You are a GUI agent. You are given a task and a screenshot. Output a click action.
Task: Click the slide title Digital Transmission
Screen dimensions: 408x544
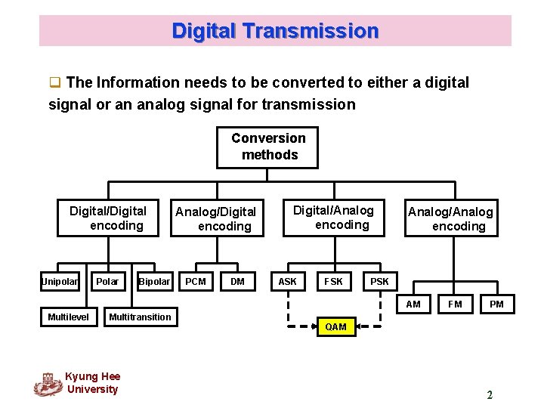275,31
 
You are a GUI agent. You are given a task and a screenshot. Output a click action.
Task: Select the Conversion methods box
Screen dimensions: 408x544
269,147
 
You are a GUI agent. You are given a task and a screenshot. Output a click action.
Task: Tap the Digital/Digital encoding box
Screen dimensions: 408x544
108,218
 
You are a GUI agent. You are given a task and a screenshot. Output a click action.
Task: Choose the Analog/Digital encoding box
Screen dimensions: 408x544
216,218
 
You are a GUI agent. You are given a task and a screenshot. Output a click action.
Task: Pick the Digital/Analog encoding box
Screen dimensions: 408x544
333,217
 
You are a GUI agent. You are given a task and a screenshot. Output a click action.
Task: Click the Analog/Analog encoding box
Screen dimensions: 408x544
451,218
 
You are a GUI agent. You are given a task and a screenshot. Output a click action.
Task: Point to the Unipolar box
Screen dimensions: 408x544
60,282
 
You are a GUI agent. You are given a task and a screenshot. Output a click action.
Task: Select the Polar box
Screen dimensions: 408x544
107,282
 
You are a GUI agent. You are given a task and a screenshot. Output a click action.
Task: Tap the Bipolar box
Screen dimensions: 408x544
154,282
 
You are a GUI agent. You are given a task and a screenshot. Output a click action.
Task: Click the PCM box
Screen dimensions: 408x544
196,282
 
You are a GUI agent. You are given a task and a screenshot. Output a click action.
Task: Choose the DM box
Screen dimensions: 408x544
237,282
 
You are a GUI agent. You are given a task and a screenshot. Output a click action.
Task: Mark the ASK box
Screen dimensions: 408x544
288,282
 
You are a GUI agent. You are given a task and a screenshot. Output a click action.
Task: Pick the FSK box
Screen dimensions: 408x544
333,282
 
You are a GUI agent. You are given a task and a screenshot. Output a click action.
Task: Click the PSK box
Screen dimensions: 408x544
379,282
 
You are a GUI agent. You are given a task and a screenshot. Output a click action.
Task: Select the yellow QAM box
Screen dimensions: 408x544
335,326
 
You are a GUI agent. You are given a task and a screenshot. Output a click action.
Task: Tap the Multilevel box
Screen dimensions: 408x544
68,317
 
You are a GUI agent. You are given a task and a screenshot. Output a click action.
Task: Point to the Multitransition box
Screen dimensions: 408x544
140,317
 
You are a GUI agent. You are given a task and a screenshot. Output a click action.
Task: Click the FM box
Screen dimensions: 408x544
455,304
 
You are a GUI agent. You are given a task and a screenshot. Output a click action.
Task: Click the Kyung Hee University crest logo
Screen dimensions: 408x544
48,384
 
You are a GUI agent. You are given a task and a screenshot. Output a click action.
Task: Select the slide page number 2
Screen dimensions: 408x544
490,394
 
